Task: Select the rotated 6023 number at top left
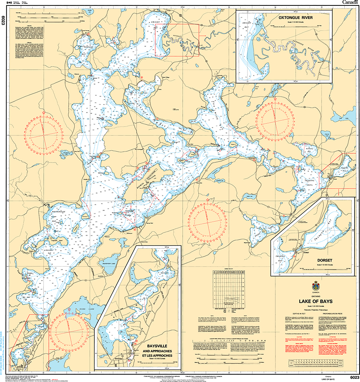pyautogui.click(x=3, y=21)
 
